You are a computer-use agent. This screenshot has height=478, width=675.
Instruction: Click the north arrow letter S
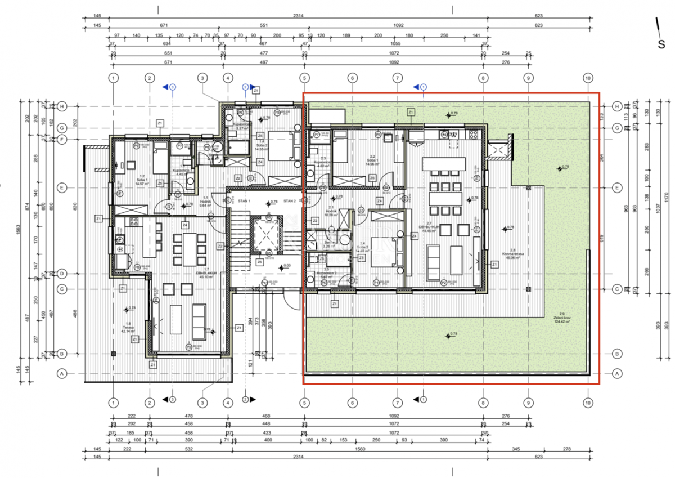click(x=661, y=44)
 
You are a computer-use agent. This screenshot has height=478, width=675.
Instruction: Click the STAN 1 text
click(x=244, y=201)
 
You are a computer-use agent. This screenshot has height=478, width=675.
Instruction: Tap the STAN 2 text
click(x=289, y=201)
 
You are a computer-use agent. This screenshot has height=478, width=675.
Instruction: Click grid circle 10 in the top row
click(x=588, y=78)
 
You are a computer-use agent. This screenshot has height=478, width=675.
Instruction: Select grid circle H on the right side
click(x=616, y=106)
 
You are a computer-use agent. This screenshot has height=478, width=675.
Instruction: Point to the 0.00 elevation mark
click(x=287, y=266)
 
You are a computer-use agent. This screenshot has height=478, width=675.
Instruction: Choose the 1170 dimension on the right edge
click(x=667, y=197)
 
